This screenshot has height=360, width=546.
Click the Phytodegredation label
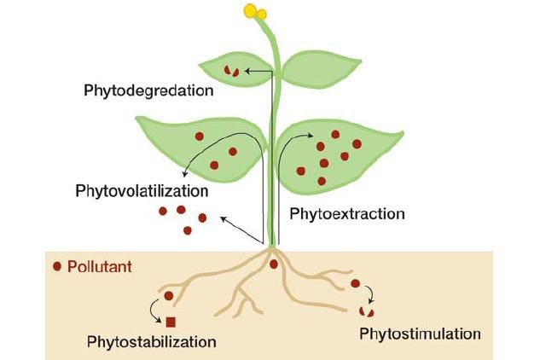(148, 91)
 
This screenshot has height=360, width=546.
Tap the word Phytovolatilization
(142, 191)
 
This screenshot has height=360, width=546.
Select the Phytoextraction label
(347, 214)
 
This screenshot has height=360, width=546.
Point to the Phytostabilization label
(152, 342)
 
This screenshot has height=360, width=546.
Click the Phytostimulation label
(420, 334)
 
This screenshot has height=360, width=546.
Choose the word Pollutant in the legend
(100, 267)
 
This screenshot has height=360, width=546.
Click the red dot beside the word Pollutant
(57, 267)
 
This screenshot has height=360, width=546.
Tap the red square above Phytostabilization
(171, 322)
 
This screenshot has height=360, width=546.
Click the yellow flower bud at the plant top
(255, 12)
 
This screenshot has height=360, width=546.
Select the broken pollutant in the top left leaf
(231, 71)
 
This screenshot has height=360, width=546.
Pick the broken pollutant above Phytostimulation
(367, 311)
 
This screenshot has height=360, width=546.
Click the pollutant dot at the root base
(274, 264)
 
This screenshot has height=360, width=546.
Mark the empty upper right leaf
(321, 70)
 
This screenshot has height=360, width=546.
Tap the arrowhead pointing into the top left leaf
(247, 71)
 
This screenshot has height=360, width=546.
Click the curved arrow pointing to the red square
(154, 312)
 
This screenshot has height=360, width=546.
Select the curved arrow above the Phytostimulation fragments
(371, 294)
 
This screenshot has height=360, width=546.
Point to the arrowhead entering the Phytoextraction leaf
(310, 136)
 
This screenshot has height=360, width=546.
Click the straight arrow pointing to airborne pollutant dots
(241, 229)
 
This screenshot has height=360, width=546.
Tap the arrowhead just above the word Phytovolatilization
(185, 173)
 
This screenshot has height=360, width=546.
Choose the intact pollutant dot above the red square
(169, 296)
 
